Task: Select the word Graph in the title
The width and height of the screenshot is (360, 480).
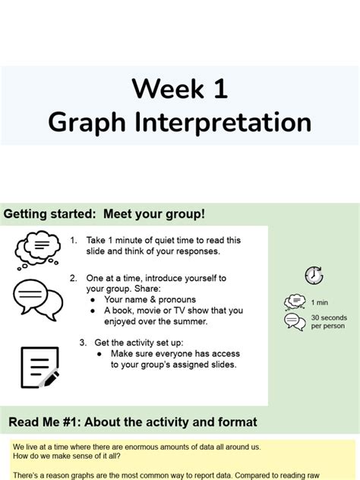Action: point(82,123)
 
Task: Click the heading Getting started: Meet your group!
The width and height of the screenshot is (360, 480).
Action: point(104,214)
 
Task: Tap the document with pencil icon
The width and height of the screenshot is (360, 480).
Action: point(39,367)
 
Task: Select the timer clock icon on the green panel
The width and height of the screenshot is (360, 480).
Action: point(314,276)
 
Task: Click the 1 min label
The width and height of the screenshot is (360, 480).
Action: point(320,302)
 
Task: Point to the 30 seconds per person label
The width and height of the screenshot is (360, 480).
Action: point(328,321)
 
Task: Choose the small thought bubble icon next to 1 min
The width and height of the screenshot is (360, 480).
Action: point(294,302)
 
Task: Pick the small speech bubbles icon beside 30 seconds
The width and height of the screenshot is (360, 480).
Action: point(294,321)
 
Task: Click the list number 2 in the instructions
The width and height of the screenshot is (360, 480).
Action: point(73,278)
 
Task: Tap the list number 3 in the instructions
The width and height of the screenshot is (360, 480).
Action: point(82,342)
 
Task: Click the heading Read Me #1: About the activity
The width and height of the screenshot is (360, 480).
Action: point(132,422)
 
